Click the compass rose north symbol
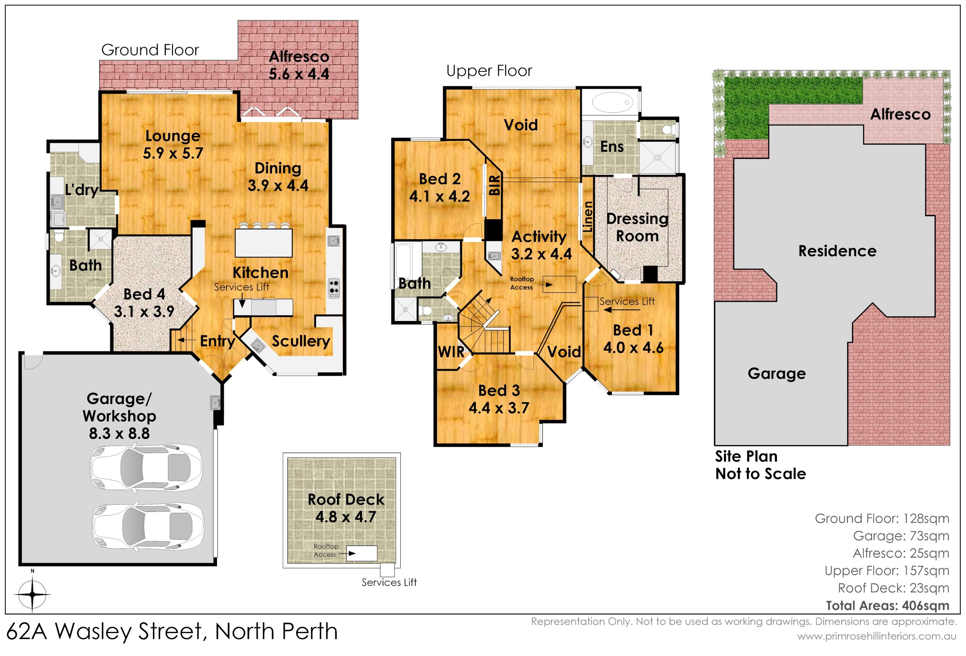tap(32, 594)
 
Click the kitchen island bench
tap(263, 243)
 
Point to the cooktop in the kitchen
tap(334, 288)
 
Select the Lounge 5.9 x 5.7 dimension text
tap(173, 153)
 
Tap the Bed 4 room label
tap(144, 294)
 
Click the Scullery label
tap(301, 341)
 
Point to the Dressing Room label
tap(637, 227)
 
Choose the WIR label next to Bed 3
tap(451, 352)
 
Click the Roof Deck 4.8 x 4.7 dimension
tap(346, 517)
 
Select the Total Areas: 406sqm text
tap(888, 605)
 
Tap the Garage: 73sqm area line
tap(901, 536)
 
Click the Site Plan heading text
tap(746, 456)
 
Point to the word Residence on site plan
tap(837, 251)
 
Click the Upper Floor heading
tap(489, 71)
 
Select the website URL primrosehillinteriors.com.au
tap(877, 636)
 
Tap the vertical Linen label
tap(588, 217)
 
